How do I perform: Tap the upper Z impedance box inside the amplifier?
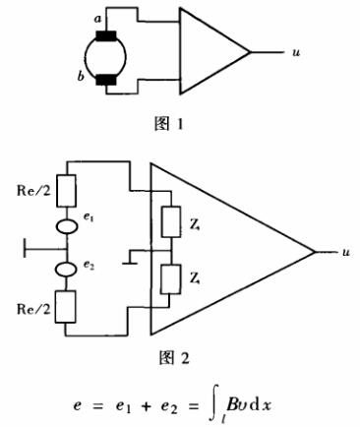170,223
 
